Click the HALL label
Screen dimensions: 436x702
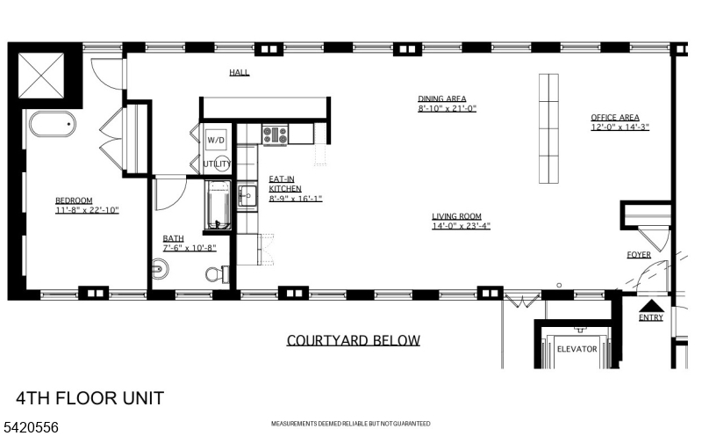point(239,72)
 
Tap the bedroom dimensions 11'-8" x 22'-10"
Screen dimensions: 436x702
point(86,210)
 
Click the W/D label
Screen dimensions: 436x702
point(216,141)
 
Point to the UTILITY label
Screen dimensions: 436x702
point(217,164)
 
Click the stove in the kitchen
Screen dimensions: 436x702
point(275,134)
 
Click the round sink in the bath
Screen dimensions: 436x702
point(159,269)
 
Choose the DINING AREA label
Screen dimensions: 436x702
point(441,98)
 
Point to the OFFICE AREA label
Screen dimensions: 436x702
point(614,117)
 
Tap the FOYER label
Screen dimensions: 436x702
point(638,255)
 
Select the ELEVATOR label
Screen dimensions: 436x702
point(577,349)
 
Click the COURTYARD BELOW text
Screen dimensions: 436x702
point(353,340)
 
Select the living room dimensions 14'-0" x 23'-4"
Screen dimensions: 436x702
point(461,226)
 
